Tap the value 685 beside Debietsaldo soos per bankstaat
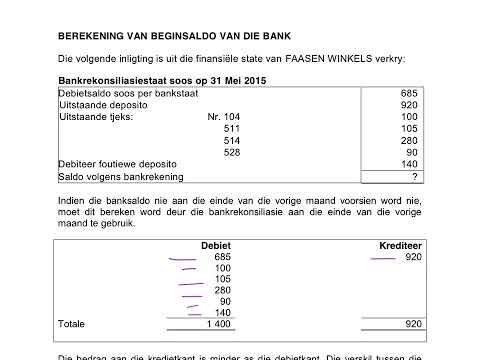408,93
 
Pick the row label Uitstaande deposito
93,105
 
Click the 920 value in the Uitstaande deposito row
408,105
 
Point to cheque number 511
232,129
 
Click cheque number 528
232,152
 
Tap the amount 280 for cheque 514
408,140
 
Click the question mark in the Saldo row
413,176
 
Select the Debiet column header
216,245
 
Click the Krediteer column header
398,245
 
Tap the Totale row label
72,324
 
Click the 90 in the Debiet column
224,301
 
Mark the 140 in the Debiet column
222,313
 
